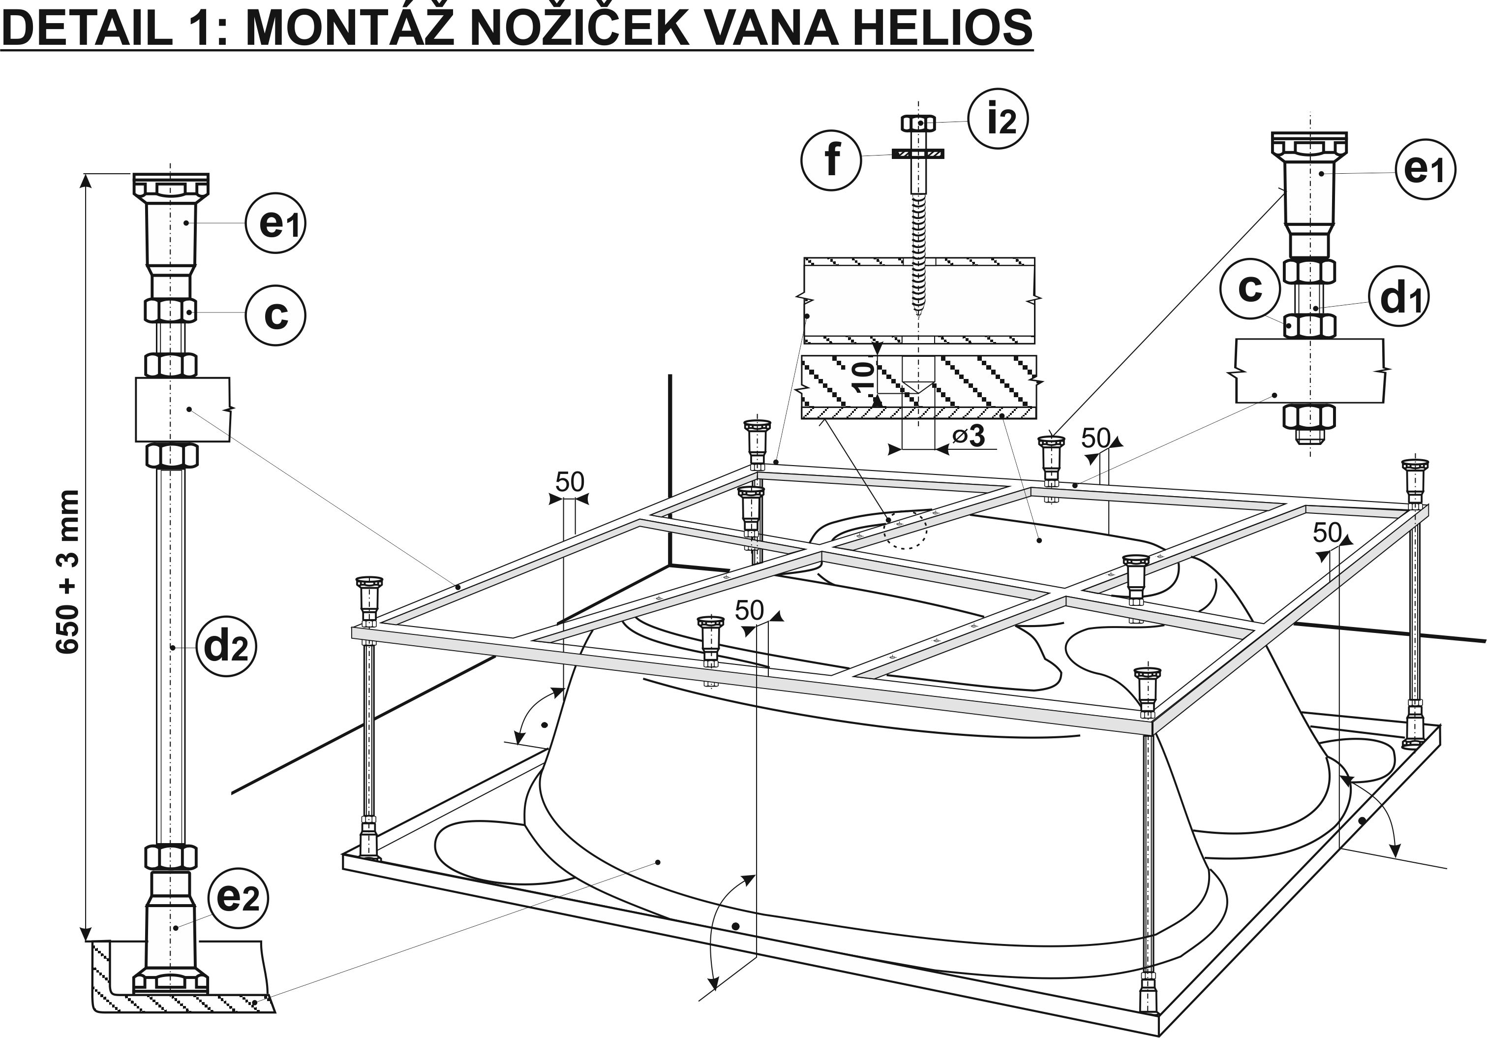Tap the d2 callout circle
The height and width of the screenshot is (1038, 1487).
click(x=226, y=646)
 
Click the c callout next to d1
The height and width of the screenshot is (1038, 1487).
click(x=1250, y=288)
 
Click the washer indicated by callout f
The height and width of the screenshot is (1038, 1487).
click(x=918, y=154)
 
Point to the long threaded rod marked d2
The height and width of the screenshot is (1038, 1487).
click(x=170, y=648)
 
